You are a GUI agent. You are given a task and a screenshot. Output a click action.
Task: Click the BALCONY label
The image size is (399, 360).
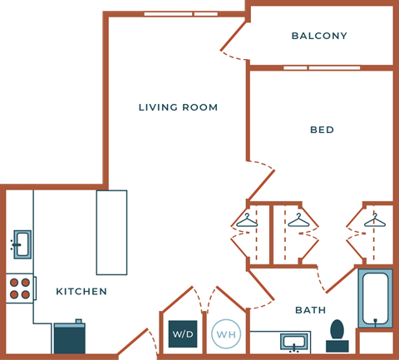pyautogui.click(x=319, y=36)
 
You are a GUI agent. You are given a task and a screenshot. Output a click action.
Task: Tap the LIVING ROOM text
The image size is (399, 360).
pyautogui.click(x=178, y=107)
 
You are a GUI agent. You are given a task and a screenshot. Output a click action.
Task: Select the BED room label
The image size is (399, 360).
pyautogui.click(x=322, y=130)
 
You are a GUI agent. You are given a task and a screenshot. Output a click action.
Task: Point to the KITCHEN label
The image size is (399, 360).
pyautogui.click(x=81, y=292)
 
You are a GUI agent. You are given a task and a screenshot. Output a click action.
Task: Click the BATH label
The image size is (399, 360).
pyautogui.click(x=311, y=310)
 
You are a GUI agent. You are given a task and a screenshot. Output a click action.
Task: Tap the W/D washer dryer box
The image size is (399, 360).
pyautogui.click(x=183, y=333)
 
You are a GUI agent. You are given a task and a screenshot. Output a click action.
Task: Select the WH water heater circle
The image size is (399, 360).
pyautogui.click(x=225, y=334)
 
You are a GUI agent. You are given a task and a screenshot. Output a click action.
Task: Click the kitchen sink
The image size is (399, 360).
pyautogui.click(x=22, y=244)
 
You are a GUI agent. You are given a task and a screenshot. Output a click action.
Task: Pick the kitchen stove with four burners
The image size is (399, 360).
pyautogui.click(x=19, y=288)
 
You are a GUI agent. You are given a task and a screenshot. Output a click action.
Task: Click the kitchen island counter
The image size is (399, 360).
pyautogui.click(x=111, y=232)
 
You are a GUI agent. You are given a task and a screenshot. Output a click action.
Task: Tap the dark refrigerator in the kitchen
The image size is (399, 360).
pyautogui.click(x=70, y=338)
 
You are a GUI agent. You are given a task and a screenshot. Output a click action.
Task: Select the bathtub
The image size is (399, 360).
pyautogui.click(x=375, y=298)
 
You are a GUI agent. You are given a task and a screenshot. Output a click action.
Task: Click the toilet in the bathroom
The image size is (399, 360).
pyautogui.click(x=337, y=334)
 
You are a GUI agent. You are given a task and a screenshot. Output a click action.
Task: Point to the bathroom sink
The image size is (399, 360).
pyautogui.click(x=293, y=341)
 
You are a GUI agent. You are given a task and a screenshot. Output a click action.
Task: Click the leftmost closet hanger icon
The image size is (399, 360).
pyautogui.click(x=247, y=220)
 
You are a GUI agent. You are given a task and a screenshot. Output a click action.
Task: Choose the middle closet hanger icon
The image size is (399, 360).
pyautogui.click(x=298, y=220)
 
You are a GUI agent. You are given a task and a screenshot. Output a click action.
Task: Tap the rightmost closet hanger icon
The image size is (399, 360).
pyautogui.click(x=374, y=220)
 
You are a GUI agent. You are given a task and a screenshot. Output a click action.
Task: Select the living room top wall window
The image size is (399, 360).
pyautogui.click(x=180, y=13)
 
